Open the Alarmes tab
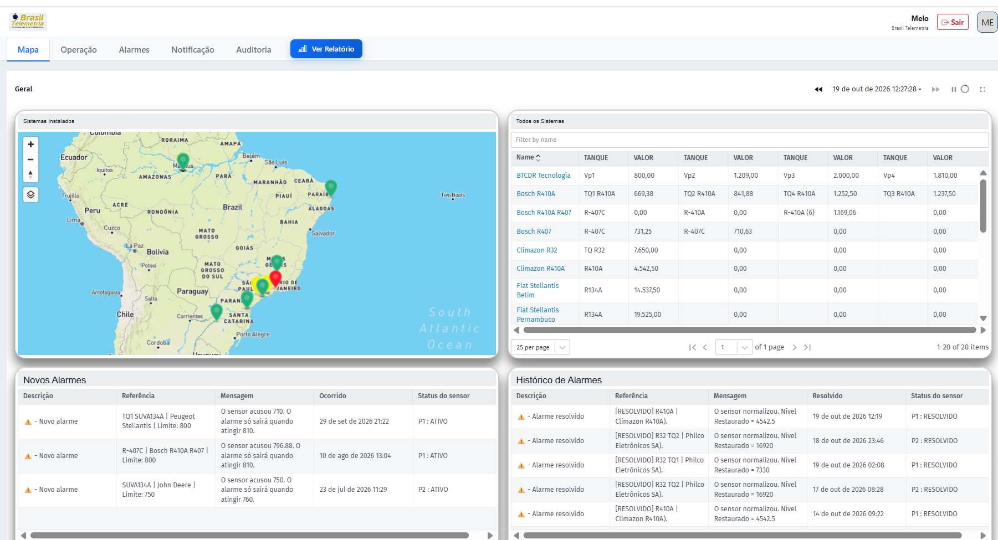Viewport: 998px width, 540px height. coord(134,50)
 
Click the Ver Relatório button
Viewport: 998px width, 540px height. coord(326,49)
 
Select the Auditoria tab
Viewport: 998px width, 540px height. coord(254,50)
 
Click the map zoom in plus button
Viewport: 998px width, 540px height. coord(30,145)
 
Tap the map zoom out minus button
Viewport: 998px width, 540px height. coord(30,160)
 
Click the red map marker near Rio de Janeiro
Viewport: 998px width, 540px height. coord(275,278)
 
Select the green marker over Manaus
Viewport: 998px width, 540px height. coord(183,161)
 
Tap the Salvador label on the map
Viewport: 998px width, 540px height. coord(323,233)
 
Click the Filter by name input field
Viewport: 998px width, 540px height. coord(750,140)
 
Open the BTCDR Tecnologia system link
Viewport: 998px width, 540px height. coord(543,176)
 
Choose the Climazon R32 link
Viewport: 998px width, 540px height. coord(536,250)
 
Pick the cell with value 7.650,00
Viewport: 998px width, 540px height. coord(646,250)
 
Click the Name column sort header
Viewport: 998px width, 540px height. coord(528,158)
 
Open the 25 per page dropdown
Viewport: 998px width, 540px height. coord(540,347)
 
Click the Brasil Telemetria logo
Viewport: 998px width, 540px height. coord(28,22)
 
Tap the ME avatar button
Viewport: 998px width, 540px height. coord(987,22)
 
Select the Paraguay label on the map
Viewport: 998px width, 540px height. coord(192,291)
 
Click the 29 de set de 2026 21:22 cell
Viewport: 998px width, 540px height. coord(354,421)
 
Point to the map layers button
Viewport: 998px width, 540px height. coord(30,194)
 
